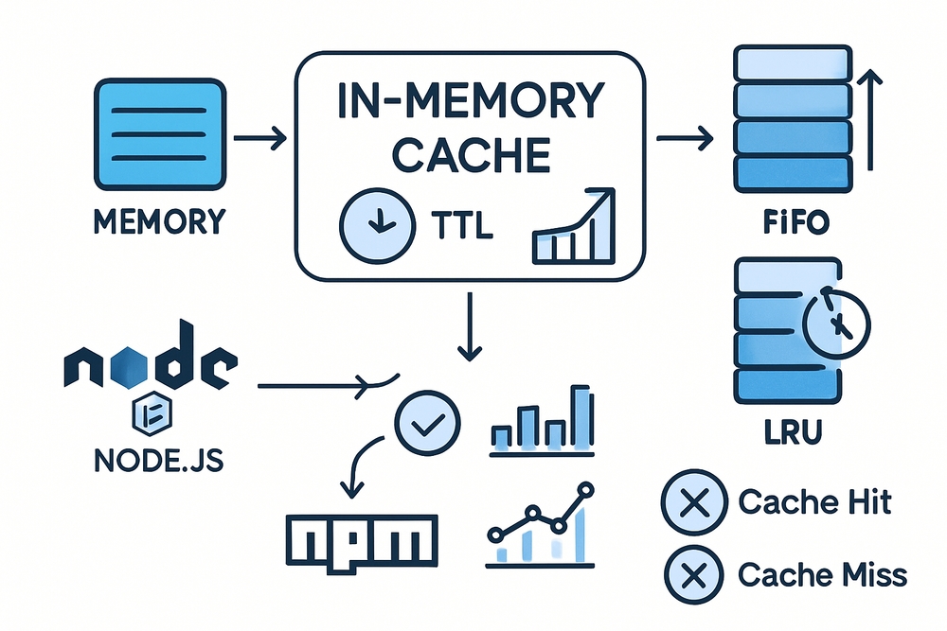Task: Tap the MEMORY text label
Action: click(160, 222)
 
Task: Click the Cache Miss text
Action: click(821, 573)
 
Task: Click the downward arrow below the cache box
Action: click(465, 326)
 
